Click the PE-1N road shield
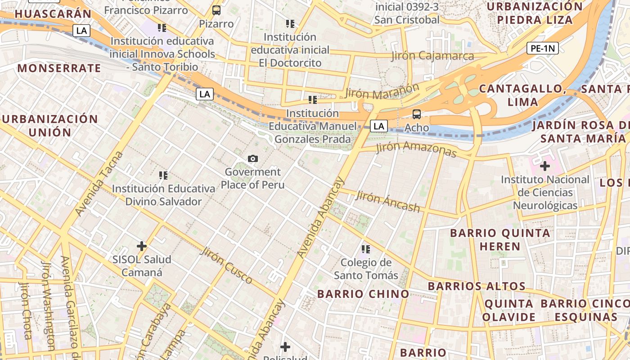pos(543,48)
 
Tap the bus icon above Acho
pos(417,114)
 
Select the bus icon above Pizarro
pos(216,10)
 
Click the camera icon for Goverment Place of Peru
pos(253,158)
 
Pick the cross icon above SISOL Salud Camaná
pos(142,246)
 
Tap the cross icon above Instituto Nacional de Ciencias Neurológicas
pos(545,166)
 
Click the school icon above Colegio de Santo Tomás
pos(365,249)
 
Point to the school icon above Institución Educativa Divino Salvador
pos(163,175)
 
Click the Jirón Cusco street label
pos(226,265)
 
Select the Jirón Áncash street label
pos(387,201)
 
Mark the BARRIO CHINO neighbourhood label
pos(363,294)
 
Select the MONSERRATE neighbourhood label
pos(59,68)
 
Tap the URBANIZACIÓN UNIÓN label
pos(49,126)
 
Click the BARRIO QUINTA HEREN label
pos(500,239)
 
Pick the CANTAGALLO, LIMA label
pos(522,95)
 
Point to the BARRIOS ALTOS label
pos(477,286)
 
